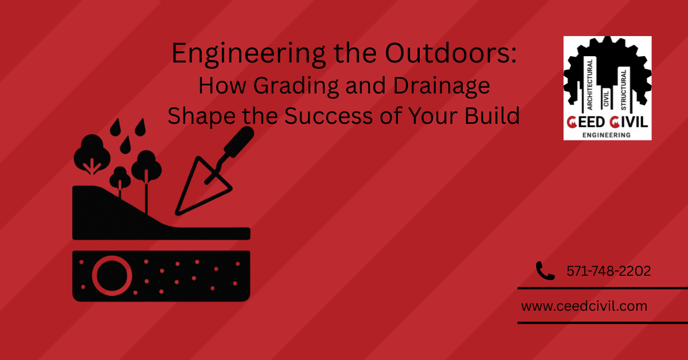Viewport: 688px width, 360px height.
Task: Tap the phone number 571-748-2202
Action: coord(608,271)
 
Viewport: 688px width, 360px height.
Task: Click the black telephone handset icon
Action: coord(545,271)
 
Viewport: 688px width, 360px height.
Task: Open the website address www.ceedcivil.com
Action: coord(584,306)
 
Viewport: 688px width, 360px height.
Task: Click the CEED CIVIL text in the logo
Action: coord(607,122)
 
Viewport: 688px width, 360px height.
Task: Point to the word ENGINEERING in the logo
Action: coord(607,135)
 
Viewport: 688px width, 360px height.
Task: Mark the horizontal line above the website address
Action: coord(602,288)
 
